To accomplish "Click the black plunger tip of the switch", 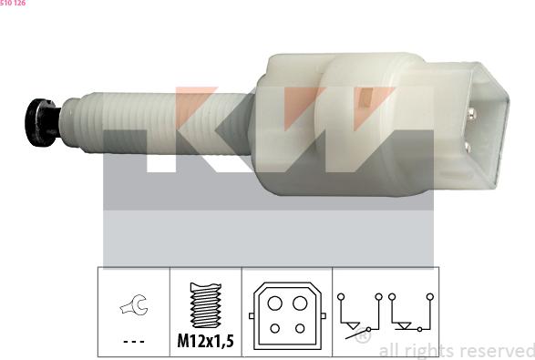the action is coord(41,122).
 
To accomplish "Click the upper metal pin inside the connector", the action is coord(472,114).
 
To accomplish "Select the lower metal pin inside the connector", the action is coord(468,147).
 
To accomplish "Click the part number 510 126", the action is coord(13,3).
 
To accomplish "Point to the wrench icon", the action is coord(134,304).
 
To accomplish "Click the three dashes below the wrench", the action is coord(134,341).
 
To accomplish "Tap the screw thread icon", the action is coord(205,305).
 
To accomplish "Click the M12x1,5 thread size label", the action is coord(205,341).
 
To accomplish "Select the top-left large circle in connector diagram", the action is coord(274,303).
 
